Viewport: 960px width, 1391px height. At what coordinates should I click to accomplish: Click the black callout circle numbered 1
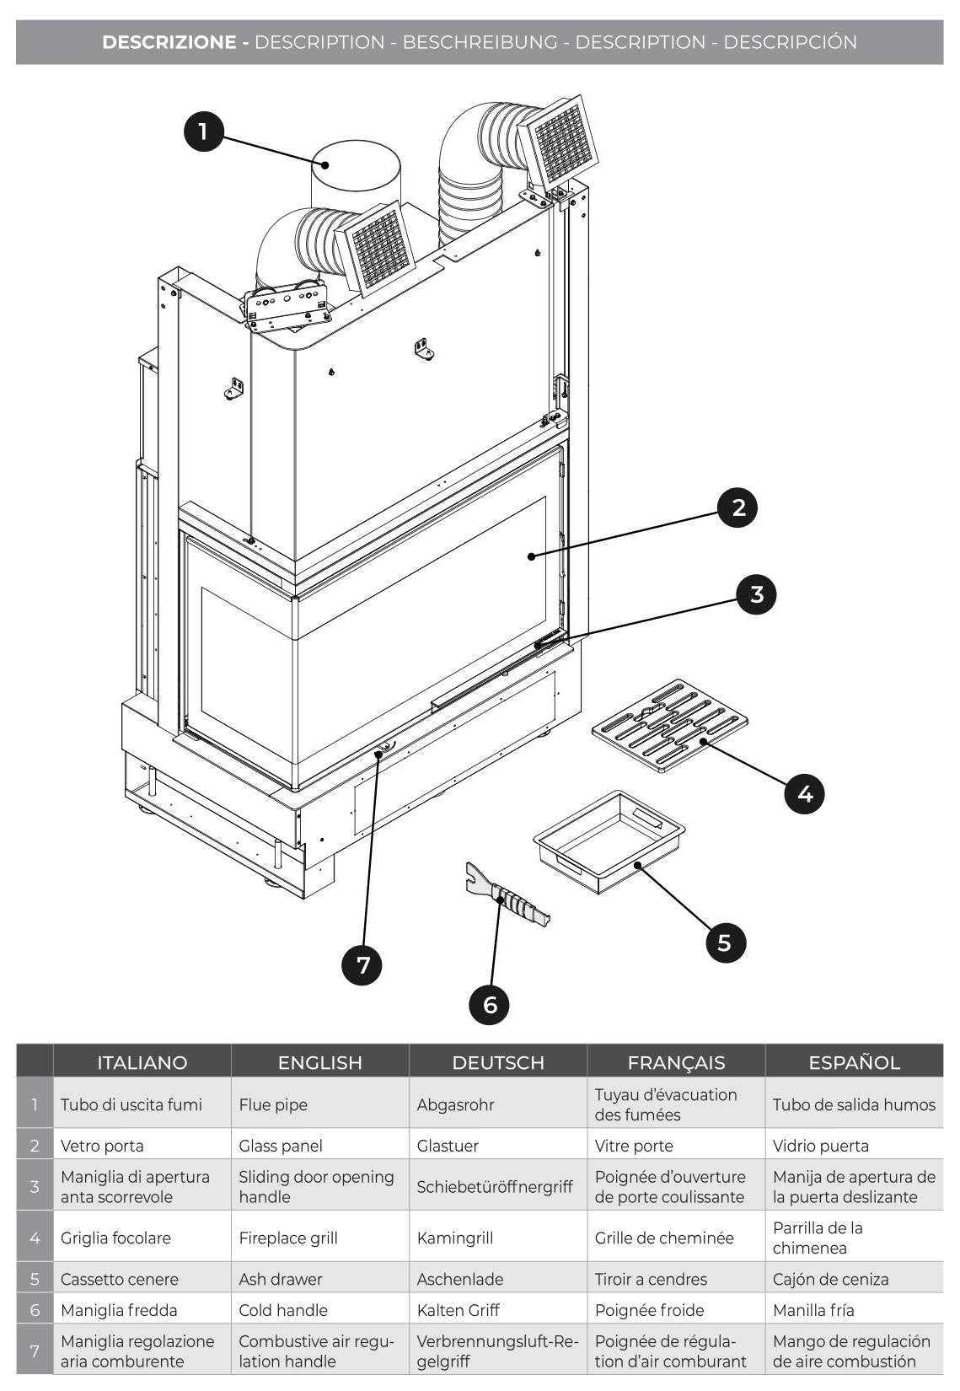(203, 131)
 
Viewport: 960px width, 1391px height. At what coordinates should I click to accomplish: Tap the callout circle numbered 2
(738, 508)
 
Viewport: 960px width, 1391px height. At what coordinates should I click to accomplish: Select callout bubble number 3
(756, 594)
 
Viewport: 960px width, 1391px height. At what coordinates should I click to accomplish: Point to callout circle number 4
(804, 793)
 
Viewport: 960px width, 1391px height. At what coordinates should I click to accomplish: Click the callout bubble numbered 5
(725, 942)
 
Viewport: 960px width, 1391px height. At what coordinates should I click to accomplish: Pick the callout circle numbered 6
(490, 1004)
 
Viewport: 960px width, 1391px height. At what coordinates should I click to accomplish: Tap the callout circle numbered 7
(362, 964)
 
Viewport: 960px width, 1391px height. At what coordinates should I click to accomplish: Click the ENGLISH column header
(319, 1062)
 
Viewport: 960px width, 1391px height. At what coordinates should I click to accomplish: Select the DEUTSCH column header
(498, 1062)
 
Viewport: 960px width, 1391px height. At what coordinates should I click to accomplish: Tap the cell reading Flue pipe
(273, 1104)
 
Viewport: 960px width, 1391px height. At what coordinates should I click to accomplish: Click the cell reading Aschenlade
(459, 1279)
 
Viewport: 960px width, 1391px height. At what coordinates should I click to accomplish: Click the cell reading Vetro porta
(102, 1146)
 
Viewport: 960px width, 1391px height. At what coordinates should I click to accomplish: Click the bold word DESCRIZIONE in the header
(169, 42)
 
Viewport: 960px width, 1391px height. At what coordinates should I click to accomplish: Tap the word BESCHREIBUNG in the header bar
(480, 42)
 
